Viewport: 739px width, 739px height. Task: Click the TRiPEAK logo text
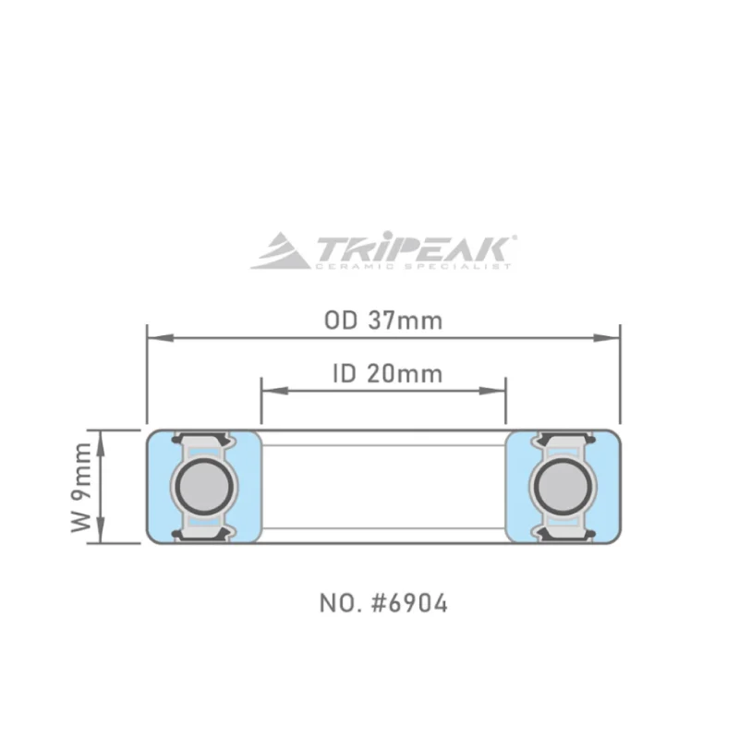click(x=411, y=248)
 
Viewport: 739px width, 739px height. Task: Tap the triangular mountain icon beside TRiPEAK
click(x=281, y=250)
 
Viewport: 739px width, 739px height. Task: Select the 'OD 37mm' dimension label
click(x=382, y=321)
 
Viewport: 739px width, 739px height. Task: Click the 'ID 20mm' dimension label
click(x=386, y=373)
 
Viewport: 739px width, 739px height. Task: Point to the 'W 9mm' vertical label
click(x=82, y=487)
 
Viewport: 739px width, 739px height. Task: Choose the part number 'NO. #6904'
click(x=383, y=604)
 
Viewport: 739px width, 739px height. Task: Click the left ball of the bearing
click(x=205, y=487)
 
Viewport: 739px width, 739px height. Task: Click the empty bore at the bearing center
click(x=383, y=487)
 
